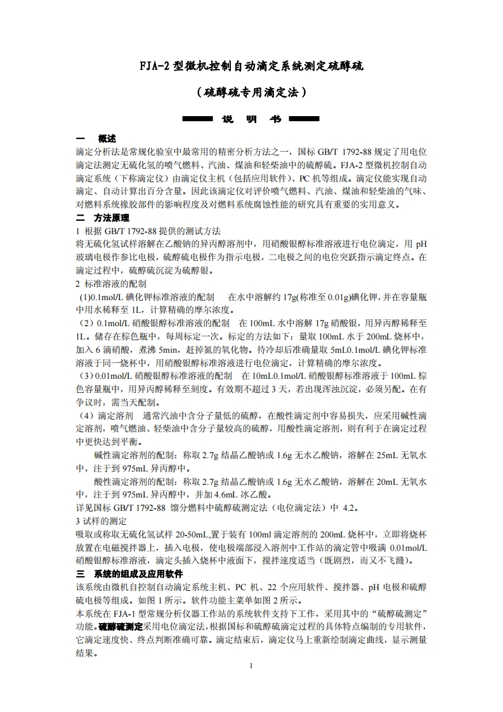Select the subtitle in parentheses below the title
251,93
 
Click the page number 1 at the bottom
251,666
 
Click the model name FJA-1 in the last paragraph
126,613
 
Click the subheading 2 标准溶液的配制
111,284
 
